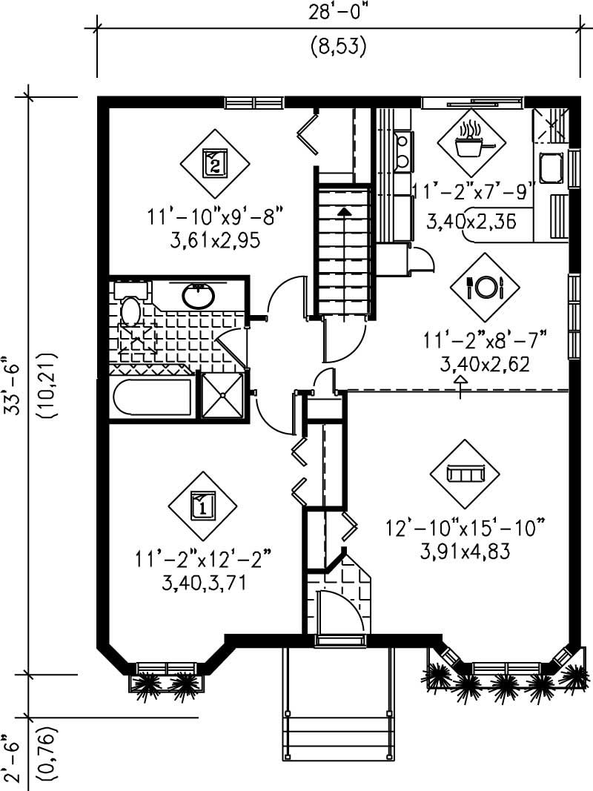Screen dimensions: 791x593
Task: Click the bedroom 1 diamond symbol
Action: coord(202,506)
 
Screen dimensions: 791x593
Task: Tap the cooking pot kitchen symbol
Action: coord(471,142)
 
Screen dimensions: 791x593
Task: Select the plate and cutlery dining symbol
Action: coord(486,286)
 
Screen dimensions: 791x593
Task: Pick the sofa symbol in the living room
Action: coord(466,472)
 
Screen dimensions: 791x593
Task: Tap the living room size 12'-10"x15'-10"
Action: coord(466,529)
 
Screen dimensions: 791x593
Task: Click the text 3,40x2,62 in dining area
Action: coord(486,364)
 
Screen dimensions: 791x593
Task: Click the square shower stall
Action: coord(222,396)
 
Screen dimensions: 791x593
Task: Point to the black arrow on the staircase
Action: coord(344,212)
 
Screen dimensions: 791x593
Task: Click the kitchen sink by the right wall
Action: coord(550,169)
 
